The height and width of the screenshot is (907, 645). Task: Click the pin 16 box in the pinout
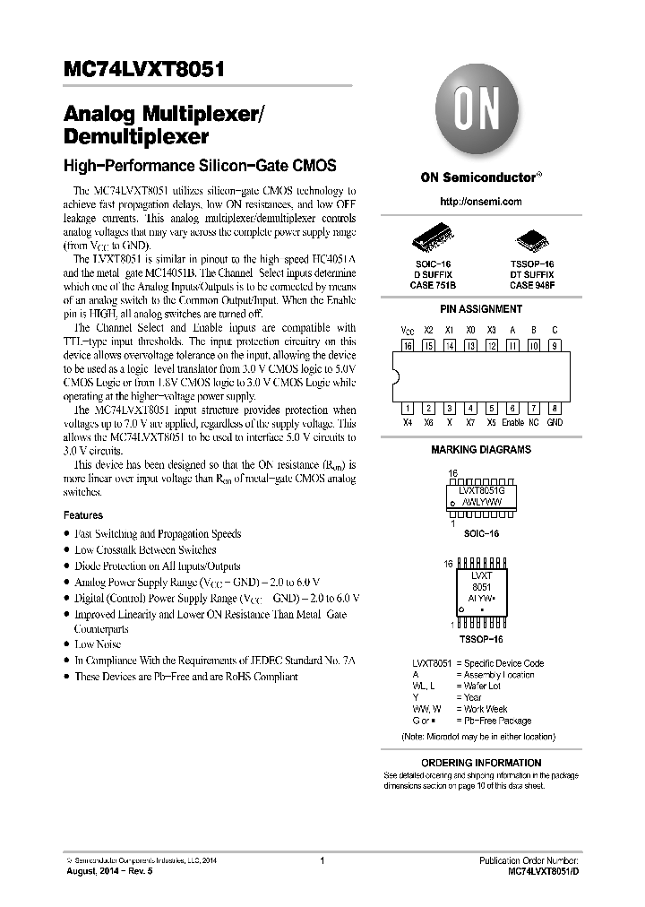408,345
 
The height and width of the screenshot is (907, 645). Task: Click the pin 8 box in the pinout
555,407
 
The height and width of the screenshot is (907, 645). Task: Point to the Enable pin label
512,422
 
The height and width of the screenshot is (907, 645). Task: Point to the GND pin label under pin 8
555,422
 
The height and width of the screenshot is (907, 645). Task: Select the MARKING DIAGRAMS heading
481,450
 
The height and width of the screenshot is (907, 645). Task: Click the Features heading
83,515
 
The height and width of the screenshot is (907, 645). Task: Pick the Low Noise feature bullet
97,644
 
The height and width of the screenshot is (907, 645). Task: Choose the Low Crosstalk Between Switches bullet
145,549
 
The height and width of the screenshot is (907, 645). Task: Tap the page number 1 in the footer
321,860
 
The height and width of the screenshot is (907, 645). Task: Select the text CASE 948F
532,284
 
